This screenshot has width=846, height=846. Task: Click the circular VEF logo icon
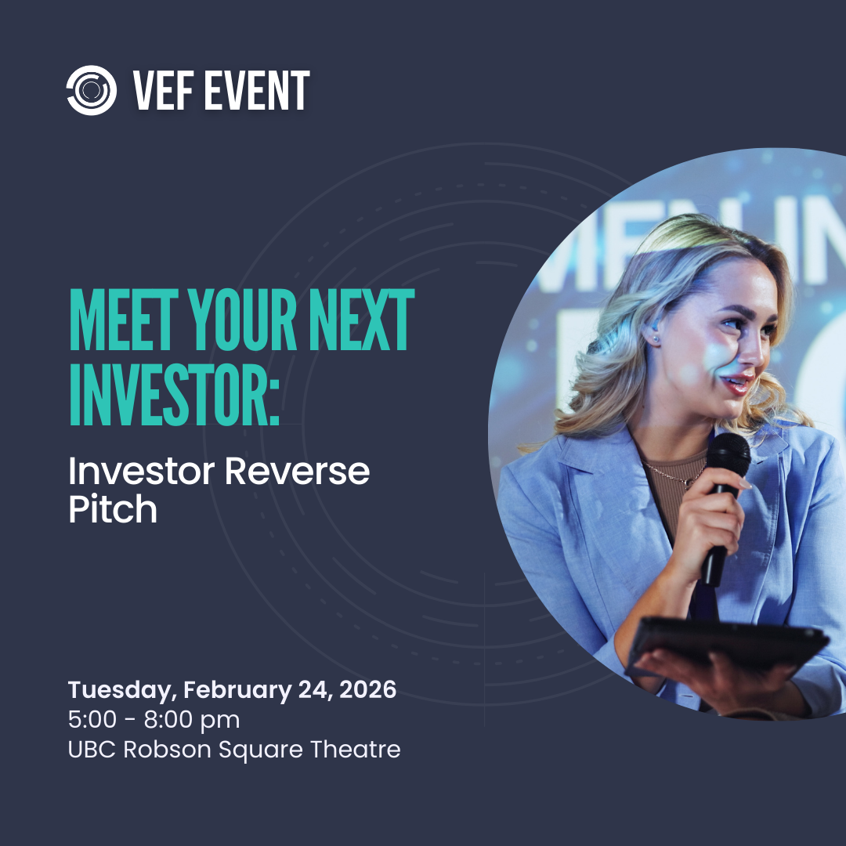click(92, 90)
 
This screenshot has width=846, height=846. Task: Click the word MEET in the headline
click(120, 322)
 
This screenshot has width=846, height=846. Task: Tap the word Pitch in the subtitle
click(113, 510)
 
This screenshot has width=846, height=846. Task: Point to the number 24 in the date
click(311, 690)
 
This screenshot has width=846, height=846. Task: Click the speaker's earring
click(654, 338)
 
